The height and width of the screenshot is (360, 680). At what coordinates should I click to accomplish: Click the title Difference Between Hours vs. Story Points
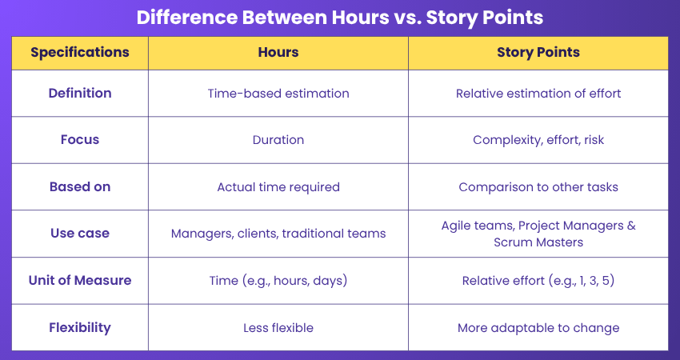click(340, 18)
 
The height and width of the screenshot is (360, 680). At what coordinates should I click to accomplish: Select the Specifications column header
click(80, 53)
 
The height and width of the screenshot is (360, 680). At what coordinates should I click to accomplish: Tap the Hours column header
click(278, 53)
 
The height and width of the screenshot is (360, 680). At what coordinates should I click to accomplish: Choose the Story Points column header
click(538, 53)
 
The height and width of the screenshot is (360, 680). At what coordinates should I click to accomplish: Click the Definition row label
click(80, 94)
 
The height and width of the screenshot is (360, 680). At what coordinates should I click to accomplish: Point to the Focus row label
click(80, 140)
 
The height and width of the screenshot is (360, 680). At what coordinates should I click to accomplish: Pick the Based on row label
click(80, 186)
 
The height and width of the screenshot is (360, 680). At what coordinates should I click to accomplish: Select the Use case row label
click(80, 234)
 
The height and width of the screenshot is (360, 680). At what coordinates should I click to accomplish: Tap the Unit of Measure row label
click(80, 280)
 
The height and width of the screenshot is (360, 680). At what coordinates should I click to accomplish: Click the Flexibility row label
click(80, 327)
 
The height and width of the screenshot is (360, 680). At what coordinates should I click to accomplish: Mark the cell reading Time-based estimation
click(278, 94)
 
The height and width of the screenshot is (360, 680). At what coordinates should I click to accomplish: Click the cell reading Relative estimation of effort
click(538, 94)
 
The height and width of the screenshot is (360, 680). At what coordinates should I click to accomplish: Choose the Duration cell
click(278, 140)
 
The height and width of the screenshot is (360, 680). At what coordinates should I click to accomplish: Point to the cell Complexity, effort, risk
click(538, 140)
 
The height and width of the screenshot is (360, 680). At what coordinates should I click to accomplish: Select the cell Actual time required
click(278, 187)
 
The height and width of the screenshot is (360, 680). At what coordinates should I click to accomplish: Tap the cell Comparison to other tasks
click(538, 187)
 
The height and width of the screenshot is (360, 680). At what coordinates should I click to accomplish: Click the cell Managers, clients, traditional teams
click(278, 234)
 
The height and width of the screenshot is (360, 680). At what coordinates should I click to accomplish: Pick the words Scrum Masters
click(538, 242)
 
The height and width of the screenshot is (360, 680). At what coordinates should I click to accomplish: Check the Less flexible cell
click(278, 328)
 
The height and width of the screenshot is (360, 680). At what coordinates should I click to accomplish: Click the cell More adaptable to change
click(538, 328)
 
